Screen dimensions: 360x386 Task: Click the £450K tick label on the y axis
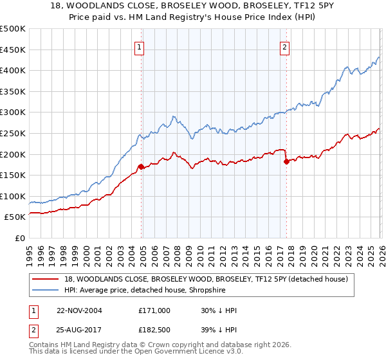pyautogui.click(x=13, y=50)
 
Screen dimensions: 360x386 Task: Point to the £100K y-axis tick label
pyautogui.click(x=13, y=196)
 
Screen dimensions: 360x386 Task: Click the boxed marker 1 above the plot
pyautogui.click(x=140, y=46)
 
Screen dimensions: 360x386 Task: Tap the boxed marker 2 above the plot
pyautogui.click(x=284, y=46)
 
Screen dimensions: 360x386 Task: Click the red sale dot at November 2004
pyautogui.click(x=140, y=166)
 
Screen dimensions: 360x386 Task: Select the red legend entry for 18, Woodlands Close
pyautogui.click(x=206, y=278)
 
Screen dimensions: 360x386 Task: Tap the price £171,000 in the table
pyautogui.click(x=154, y=310)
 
